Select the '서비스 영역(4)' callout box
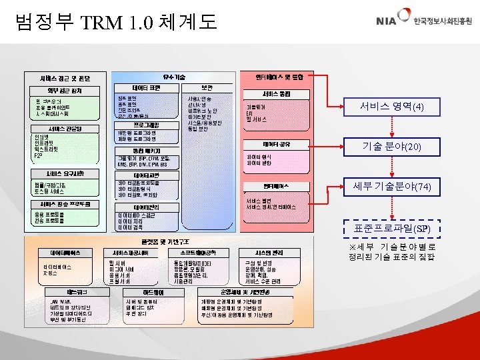point(391,107)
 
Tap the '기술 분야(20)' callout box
point(391,147)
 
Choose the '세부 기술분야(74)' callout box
point(391,187)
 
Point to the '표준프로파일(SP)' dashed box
point(391,229)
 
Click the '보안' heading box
point(207,87)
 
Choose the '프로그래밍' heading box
point(145,124)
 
